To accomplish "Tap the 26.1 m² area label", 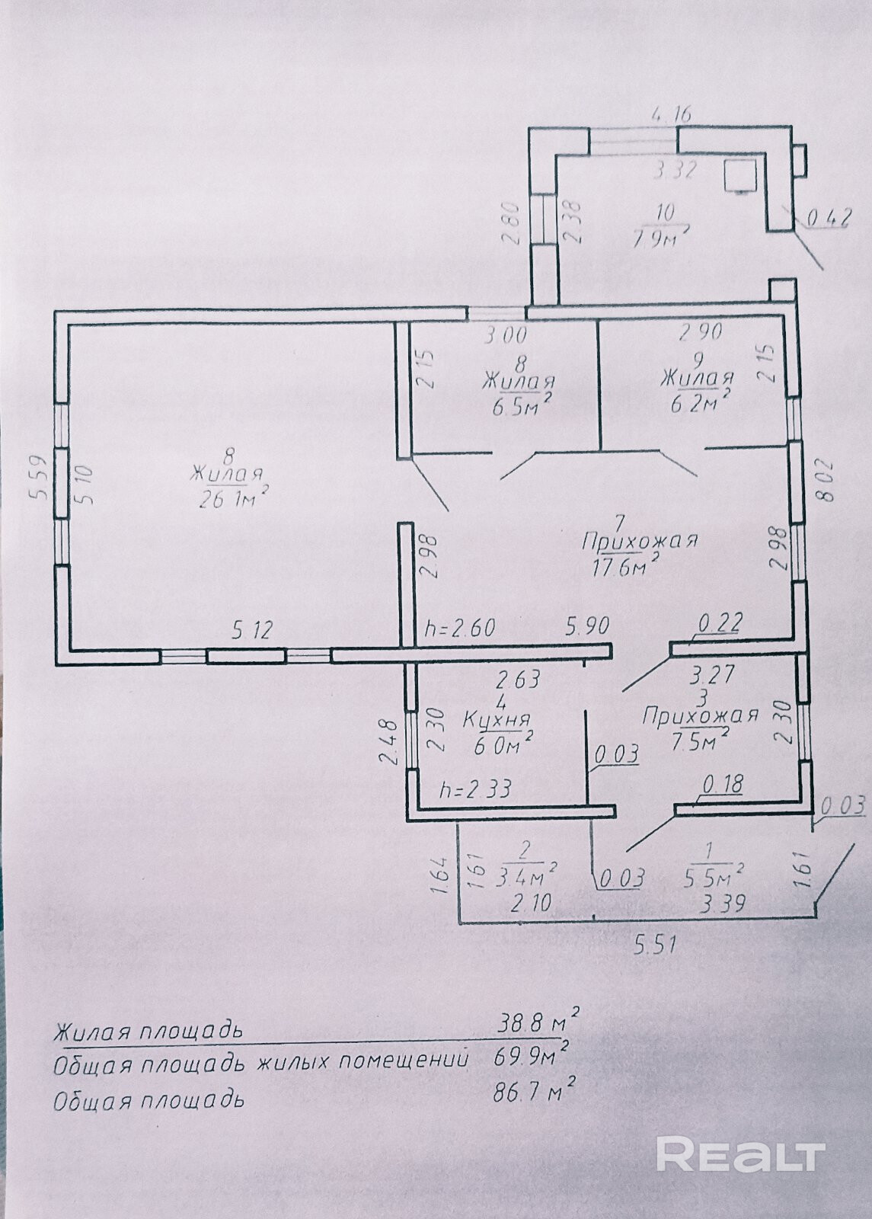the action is pyautogui.click(x=233, y=499).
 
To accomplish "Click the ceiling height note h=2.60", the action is pyautogui.click(x=461, y=629).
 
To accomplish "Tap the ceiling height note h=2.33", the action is pyautogui.click(x=476, y=789).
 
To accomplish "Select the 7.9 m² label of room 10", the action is pyautogui.click(x=661, y=237).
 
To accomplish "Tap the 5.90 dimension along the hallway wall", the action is pyautogui.click(x=586, y=626).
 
